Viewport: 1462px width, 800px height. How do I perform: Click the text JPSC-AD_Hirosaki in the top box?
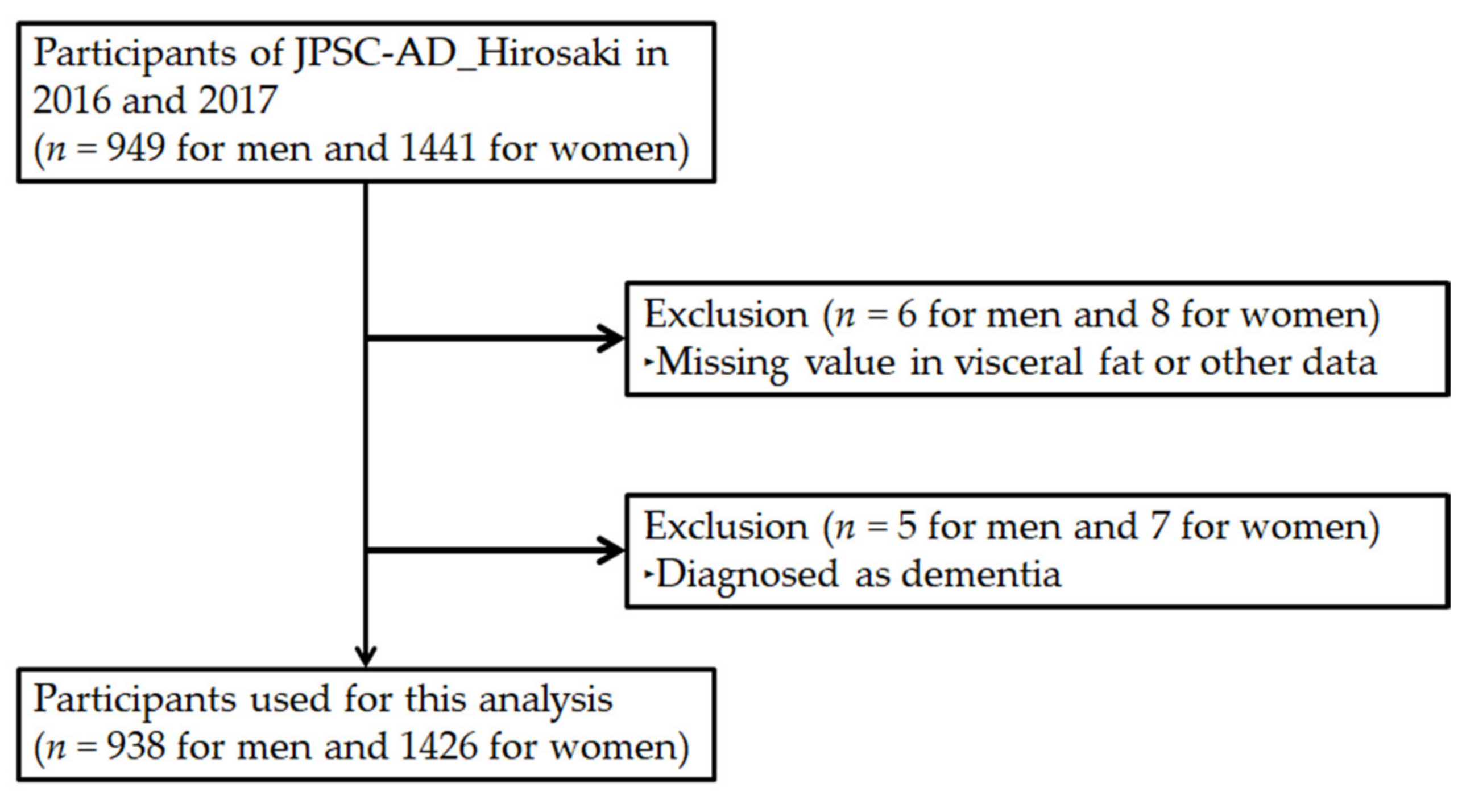coord(457,55)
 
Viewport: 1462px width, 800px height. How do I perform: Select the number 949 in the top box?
coord(136,149)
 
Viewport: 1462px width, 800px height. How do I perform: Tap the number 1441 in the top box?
coord(438,149)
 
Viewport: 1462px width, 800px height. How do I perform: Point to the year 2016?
coord(72,101)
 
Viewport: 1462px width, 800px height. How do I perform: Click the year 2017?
coord(238,101)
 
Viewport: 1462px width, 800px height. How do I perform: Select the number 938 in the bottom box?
coord(136,747)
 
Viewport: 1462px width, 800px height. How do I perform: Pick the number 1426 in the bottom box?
coord(438,747)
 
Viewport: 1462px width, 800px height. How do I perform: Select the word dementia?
coord(981,574)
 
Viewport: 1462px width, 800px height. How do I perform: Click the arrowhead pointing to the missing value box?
coord(612,338)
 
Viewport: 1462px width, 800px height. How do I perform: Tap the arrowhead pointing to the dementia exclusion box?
coord(612,550)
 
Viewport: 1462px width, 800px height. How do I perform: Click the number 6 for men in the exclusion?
coord(906,314)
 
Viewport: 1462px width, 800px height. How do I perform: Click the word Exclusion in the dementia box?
coord(726,527)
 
